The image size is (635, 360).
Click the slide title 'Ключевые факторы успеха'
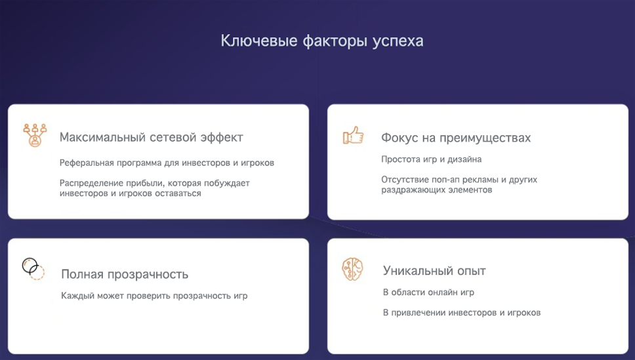tap(322, 41)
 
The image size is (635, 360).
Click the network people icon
tap(35, 135)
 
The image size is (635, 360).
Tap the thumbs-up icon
tap(353, 136)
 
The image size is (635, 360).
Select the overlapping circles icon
tap(33, 269)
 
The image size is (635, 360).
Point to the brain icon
tap(352, 270)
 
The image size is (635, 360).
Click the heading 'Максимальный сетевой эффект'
tap(152, 138)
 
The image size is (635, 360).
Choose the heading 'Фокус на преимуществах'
tap(456, 138)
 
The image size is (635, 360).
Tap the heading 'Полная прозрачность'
tap(125, 274)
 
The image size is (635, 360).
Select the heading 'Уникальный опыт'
tap(434, 271)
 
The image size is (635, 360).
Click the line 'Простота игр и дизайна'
tap(431, 159)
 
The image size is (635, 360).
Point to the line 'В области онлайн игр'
tap(428, 292)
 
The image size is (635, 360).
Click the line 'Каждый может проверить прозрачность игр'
tap(154, 296)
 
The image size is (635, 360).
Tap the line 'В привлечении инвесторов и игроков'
tap(462, 313)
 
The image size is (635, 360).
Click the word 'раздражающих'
tap(413, 190)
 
